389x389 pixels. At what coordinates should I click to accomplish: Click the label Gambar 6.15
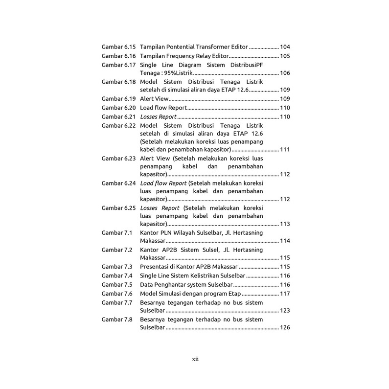[x=118, y=47]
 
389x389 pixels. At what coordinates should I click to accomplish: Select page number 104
[x=285, y=47]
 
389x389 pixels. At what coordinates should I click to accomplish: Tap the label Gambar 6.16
[x=118, y=56]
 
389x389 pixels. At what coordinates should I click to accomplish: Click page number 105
[x=285, y=56]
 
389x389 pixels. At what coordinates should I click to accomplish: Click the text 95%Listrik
[x=181, y=73]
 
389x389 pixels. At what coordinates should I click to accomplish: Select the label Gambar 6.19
[x=118, y=99]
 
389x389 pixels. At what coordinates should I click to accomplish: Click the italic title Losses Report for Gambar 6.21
[x=158, y=116]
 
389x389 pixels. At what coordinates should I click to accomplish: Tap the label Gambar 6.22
[x=118, y=126]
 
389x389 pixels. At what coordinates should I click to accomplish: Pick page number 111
[x=285, y=149]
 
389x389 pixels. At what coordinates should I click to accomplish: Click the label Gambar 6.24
[x=118, y=183]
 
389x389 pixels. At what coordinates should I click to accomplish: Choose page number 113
[x=285, y=224]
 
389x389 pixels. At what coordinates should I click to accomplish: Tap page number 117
[x=285, y=293]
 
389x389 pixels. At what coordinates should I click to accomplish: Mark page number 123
[x=285, y=310]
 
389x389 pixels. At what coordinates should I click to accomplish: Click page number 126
[x=285, y=327]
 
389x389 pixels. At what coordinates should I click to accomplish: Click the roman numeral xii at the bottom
[x=195, y=359]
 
